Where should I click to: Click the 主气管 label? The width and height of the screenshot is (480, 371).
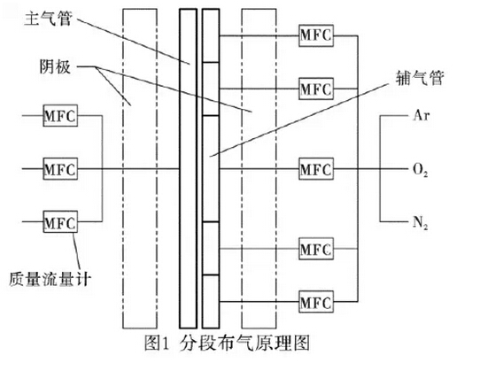pos(48,19)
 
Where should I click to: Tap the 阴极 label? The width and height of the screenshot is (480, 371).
pos(55,66)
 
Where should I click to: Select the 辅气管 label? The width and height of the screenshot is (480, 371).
pos(420,78)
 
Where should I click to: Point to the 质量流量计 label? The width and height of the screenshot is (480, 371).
pos(50,279)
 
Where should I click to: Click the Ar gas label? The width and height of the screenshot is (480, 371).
pos(422,115)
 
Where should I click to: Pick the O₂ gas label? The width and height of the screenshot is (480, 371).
pos(421,170)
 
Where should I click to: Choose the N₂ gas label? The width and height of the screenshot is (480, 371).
pos(421,222)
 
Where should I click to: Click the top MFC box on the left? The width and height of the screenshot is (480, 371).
pos(60,115)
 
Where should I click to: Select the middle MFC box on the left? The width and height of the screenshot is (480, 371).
pos(60,168)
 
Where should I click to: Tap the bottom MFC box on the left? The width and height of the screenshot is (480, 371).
pos(60,221)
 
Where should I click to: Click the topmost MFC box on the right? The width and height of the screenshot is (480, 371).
pos(316,35)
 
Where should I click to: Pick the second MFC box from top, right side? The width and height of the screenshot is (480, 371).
pos(316,89)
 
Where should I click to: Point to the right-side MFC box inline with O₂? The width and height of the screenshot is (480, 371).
pos(316,168)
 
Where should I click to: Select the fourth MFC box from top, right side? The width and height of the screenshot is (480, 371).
pos(316,249)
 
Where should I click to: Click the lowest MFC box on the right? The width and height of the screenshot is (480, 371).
pos(316,302)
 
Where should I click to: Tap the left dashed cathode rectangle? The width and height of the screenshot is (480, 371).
pos(123,168)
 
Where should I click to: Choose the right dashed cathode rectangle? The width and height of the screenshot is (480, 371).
pos(242,168)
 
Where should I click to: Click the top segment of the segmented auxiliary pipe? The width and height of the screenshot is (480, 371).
pos(211,35)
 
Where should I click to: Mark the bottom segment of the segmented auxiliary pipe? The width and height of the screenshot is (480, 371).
pos(211,302)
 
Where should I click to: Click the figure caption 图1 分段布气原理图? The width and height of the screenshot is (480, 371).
pos(227,343)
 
